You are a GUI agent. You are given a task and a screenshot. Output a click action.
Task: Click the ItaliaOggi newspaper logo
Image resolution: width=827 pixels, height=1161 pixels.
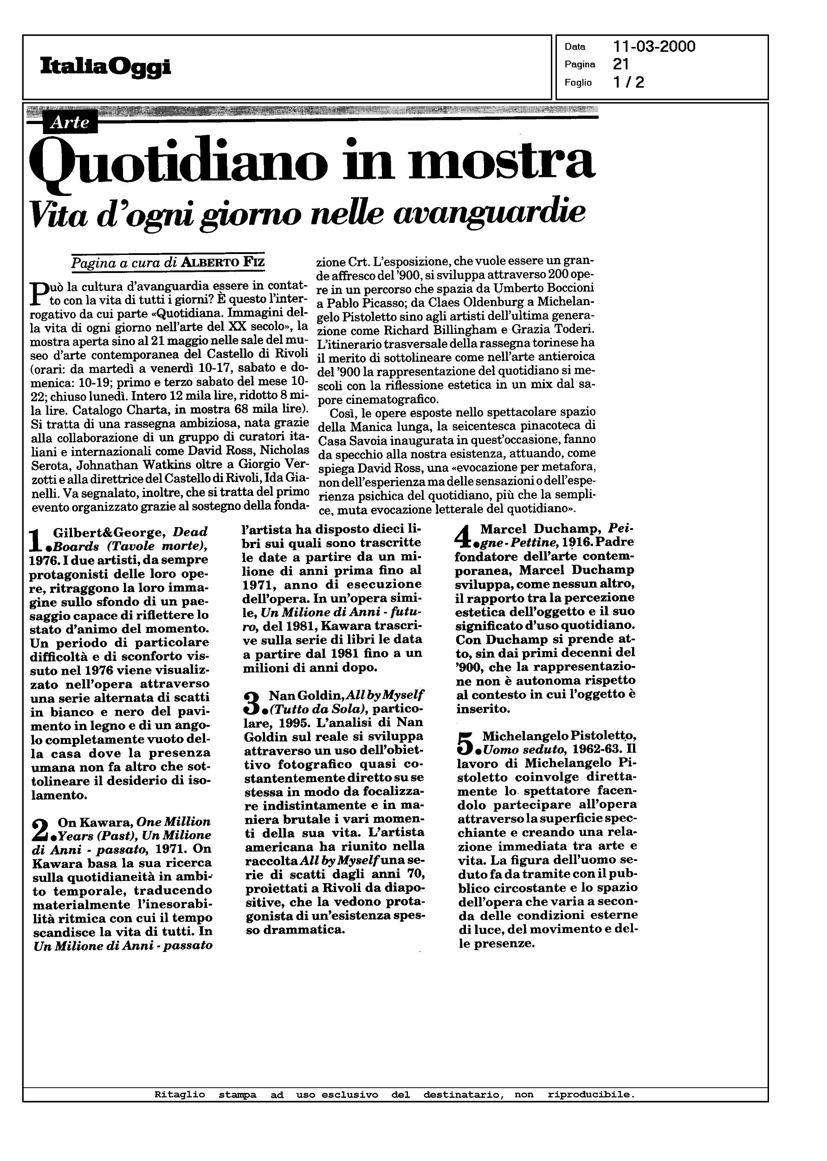tap(105, 67)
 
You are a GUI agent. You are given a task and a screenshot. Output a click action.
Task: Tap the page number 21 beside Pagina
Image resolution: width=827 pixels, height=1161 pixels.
tap(621, 64)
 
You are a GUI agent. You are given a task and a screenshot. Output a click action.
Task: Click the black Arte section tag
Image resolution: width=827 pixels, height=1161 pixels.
tap(70, 123)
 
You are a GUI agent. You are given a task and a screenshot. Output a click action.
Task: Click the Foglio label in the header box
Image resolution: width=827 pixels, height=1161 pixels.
tap(578, 83)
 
